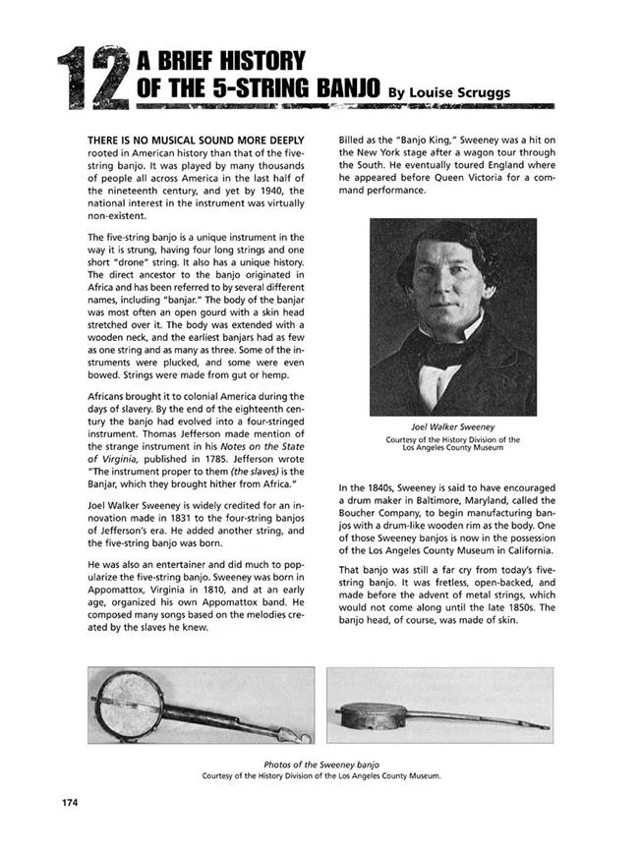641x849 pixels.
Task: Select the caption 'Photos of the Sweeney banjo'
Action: pyautogui.click(x=321, y=764)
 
